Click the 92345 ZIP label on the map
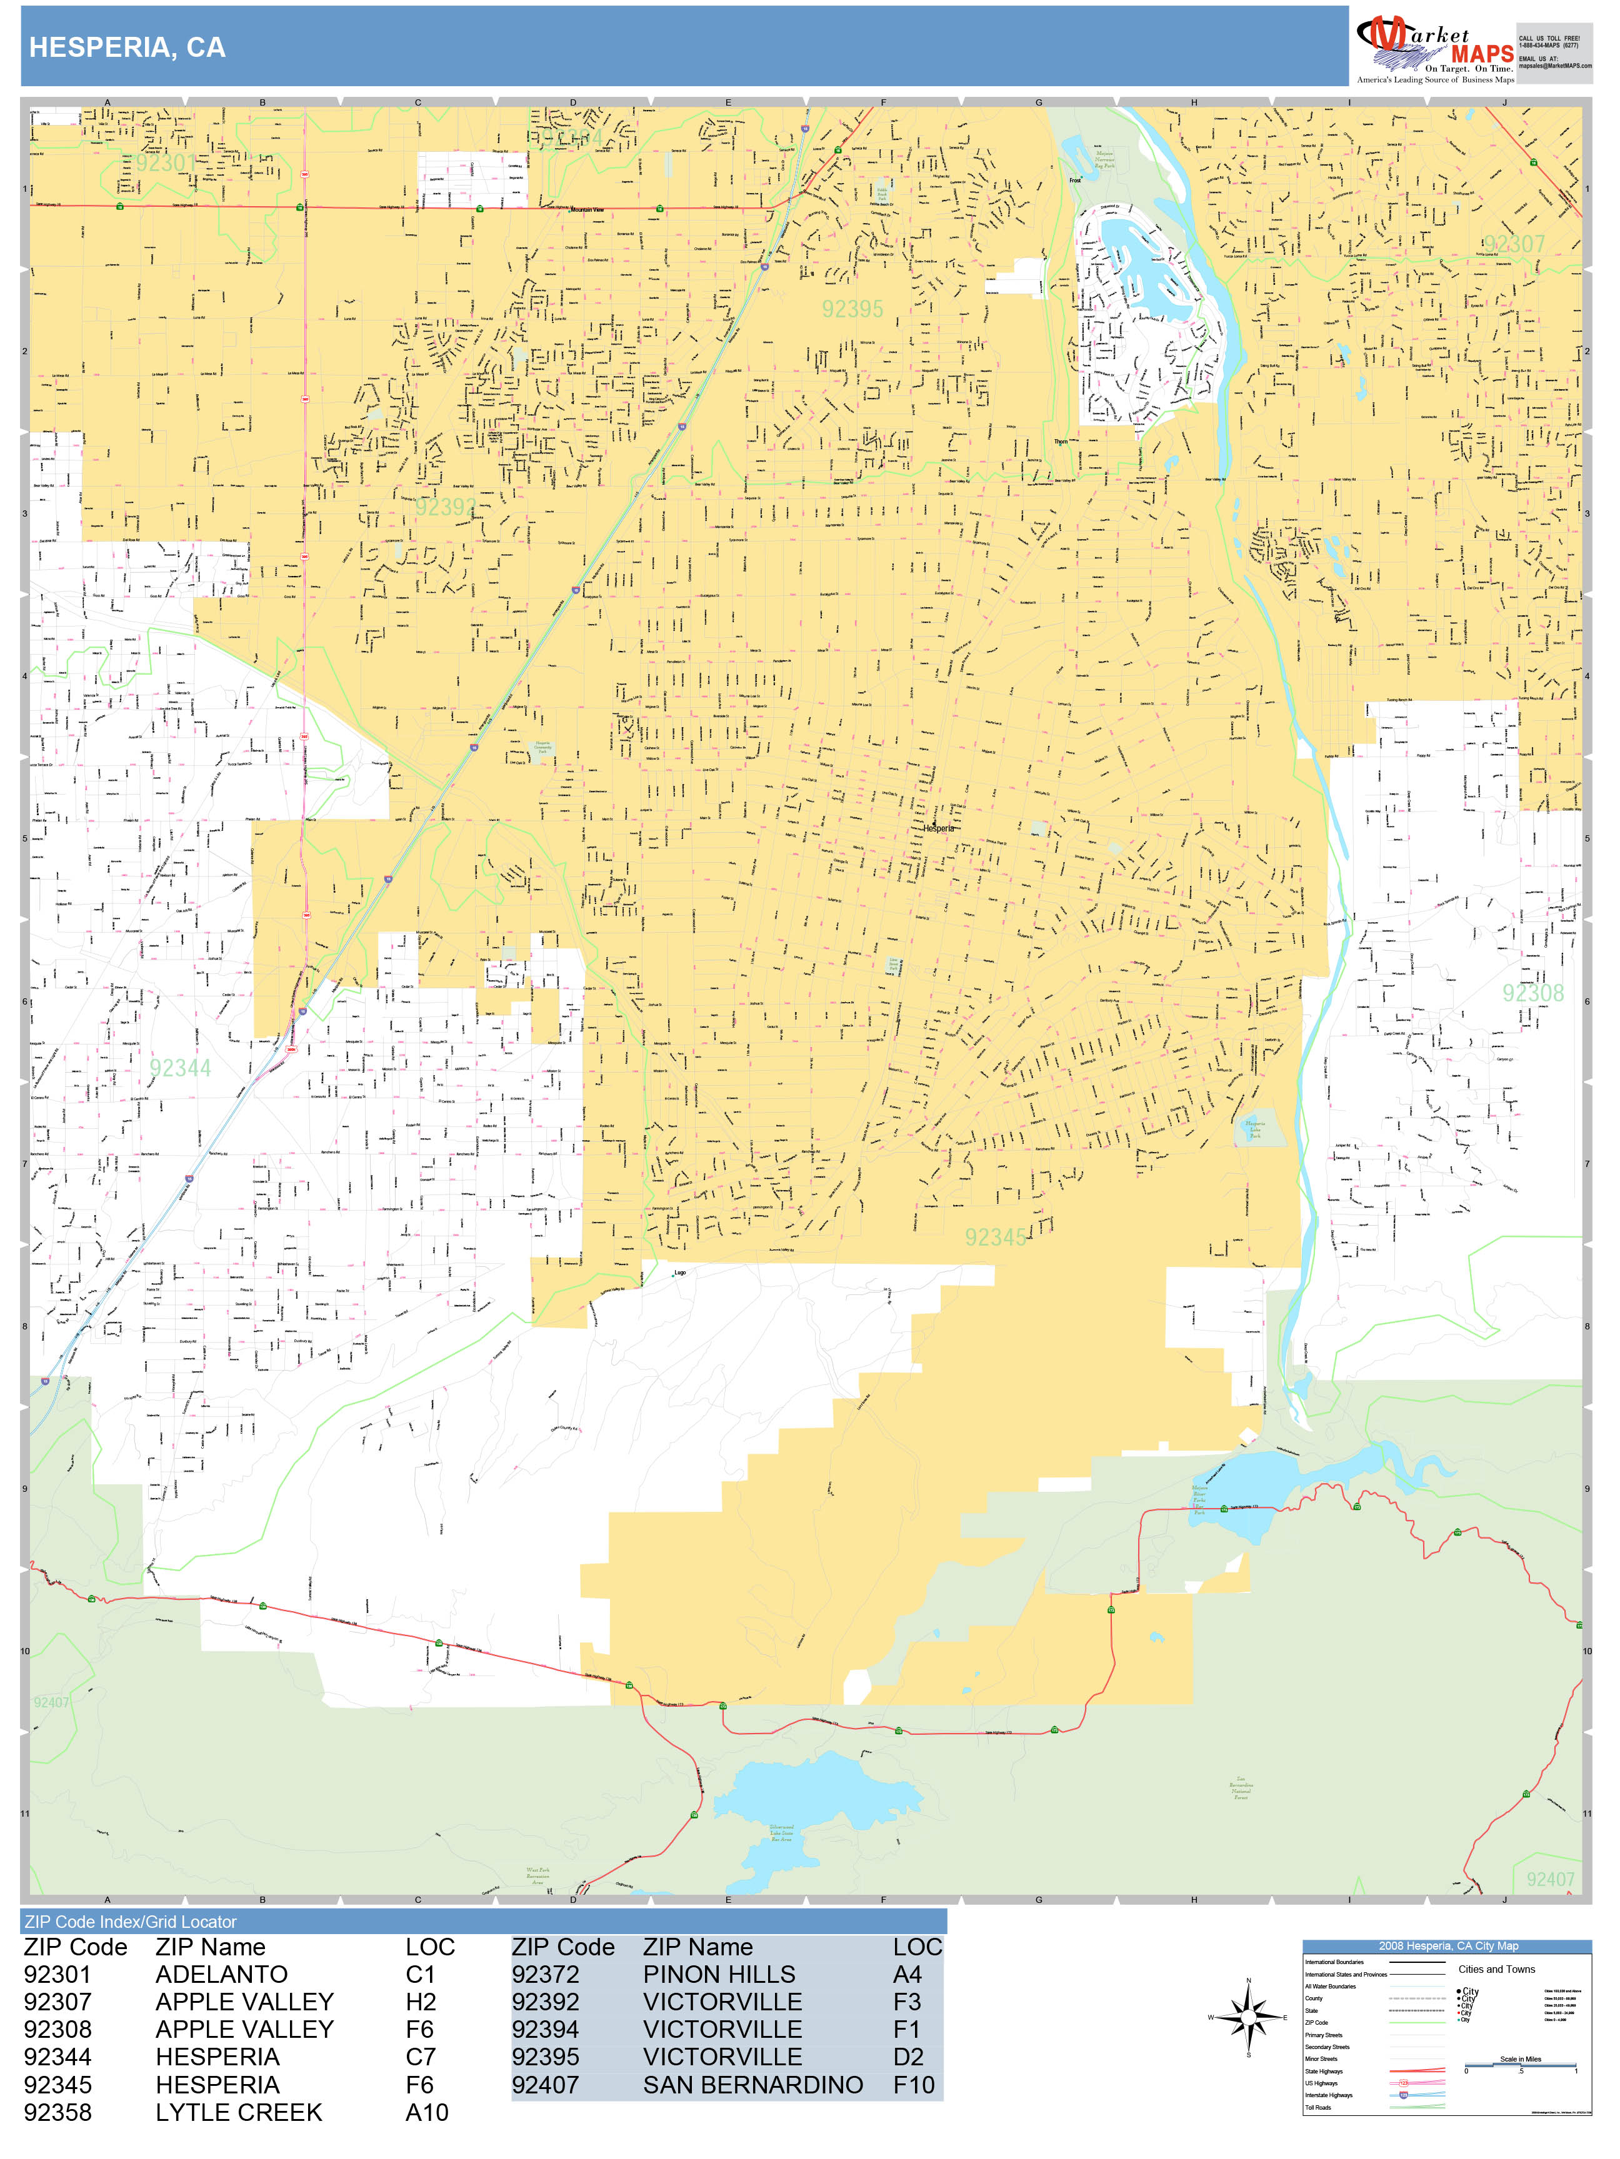(x=995, y=1238)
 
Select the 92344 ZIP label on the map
(x=179, y=1068)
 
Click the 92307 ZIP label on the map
(x=1514, y=244)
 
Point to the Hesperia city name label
(x=938, y=828)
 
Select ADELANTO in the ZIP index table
(x=222, y=1975)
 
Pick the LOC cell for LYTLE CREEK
(x=427, y=2112)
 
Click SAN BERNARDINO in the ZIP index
(x=753, y=2085)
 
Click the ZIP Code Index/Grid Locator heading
(x=131, y=1922)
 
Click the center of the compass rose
(x=1248, y=2017)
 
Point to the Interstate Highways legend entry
(x=1329, y=2095)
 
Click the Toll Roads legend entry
(x=1318, y=2107)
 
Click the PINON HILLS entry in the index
(x=719, y=1975)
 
